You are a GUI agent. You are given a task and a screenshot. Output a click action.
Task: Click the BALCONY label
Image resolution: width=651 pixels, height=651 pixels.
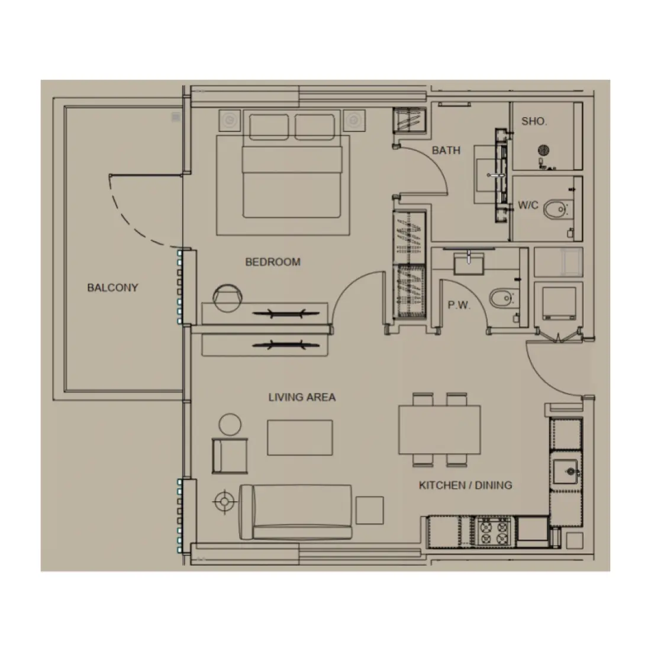(112, 288)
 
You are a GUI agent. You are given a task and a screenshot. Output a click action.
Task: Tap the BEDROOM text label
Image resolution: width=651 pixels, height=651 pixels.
(273, 262)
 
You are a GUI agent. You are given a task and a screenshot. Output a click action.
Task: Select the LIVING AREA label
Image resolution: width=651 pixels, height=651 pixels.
(302, 397)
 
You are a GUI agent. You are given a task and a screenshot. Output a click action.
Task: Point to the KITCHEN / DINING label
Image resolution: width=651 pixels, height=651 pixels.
(465, 485)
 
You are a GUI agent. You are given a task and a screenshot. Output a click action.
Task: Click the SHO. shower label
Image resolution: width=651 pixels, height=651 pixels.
(534, 121)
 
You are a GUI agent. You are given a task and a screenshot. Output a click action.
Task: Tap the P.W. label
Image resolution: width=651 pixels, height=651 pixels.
(459, 305)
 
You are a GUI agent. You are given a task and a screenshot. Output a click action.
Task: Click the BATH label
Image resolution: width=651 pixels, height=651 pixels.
(446, 150)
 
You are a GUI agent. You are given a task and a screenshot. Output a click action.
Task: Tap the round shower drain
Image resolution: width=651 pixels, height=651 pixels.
(543, 150)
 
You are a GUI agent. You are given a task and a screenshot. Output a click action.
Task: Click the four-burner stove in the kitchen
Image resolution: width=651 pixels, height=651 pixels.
(494, 530)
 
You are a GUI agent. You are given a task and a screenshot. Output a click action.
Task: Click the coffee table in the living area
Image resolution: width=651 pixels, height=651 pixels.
(299, 437)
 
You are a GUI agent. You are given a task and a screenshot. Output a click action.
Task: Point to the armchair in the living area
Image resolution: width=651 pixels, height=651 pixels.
(230, 456)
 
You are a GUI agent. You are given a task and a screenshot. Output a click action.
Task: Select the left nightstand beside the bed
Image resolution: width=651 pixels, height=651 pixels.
(229, 121)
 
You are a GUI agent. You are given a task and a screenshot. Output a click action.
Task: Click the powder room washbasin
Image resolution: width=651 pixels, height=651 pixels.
(469, 261)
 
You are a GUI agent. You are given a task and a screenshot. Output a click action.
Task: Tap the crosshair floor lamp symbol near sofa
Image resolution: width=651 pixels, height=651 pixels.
(224, 502)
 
